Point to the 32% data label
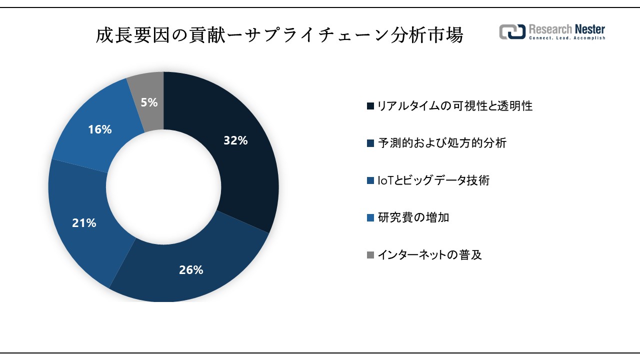(x=235, y=141)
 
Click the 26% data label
(x=191, y=270)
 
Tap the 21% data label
(x=84, y=223)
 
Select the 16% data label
(x=99, y=129)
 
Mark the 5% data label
(x=149, y=102)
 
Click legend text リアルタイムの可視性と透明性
(x=454, y=106)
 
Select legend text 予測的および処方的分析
(x=441, y=143)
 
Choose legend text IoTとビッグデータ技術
(x=433, y=180)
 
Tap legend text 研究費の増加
(x=413, y=217)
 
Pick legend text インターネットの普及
(x=429, y=255)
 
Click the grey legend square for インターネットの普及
(x=370, y=255)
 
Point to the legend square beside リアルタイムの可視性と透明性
(x=370, y=106)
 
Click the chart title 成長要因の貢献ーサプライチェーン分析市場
(x=279, y=36)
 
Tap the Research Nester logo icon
(x=512, y=31)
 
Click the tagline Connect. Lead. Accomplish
(x=567, y=38)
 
